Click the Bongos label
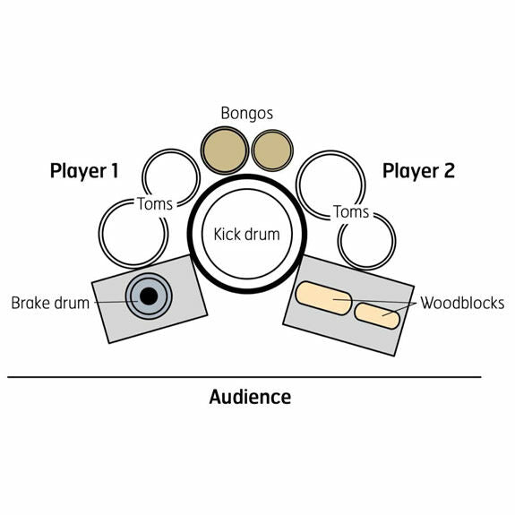(246, 114)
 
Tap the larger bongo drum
(225, 150)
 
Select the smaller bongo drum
(272, 150)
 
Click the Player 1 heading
(84, 171)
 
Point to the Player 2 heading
(418, 171)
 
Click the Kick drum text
(246, 234)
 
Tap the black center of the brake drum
(149, 296)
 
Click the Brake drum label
(50, 303)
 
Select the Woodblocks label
(462, 303)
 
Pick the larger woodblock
(323, 298)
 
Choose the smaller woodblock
(377, 315)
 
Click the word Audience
(250, 397)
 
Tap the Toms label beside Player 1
(155, 204)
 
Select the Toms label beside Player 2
(351, 212)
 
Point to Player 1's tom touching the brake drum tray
(100, 234)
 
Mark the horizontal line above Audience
(245, 377)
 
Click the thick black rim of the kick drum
(247, 178)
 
